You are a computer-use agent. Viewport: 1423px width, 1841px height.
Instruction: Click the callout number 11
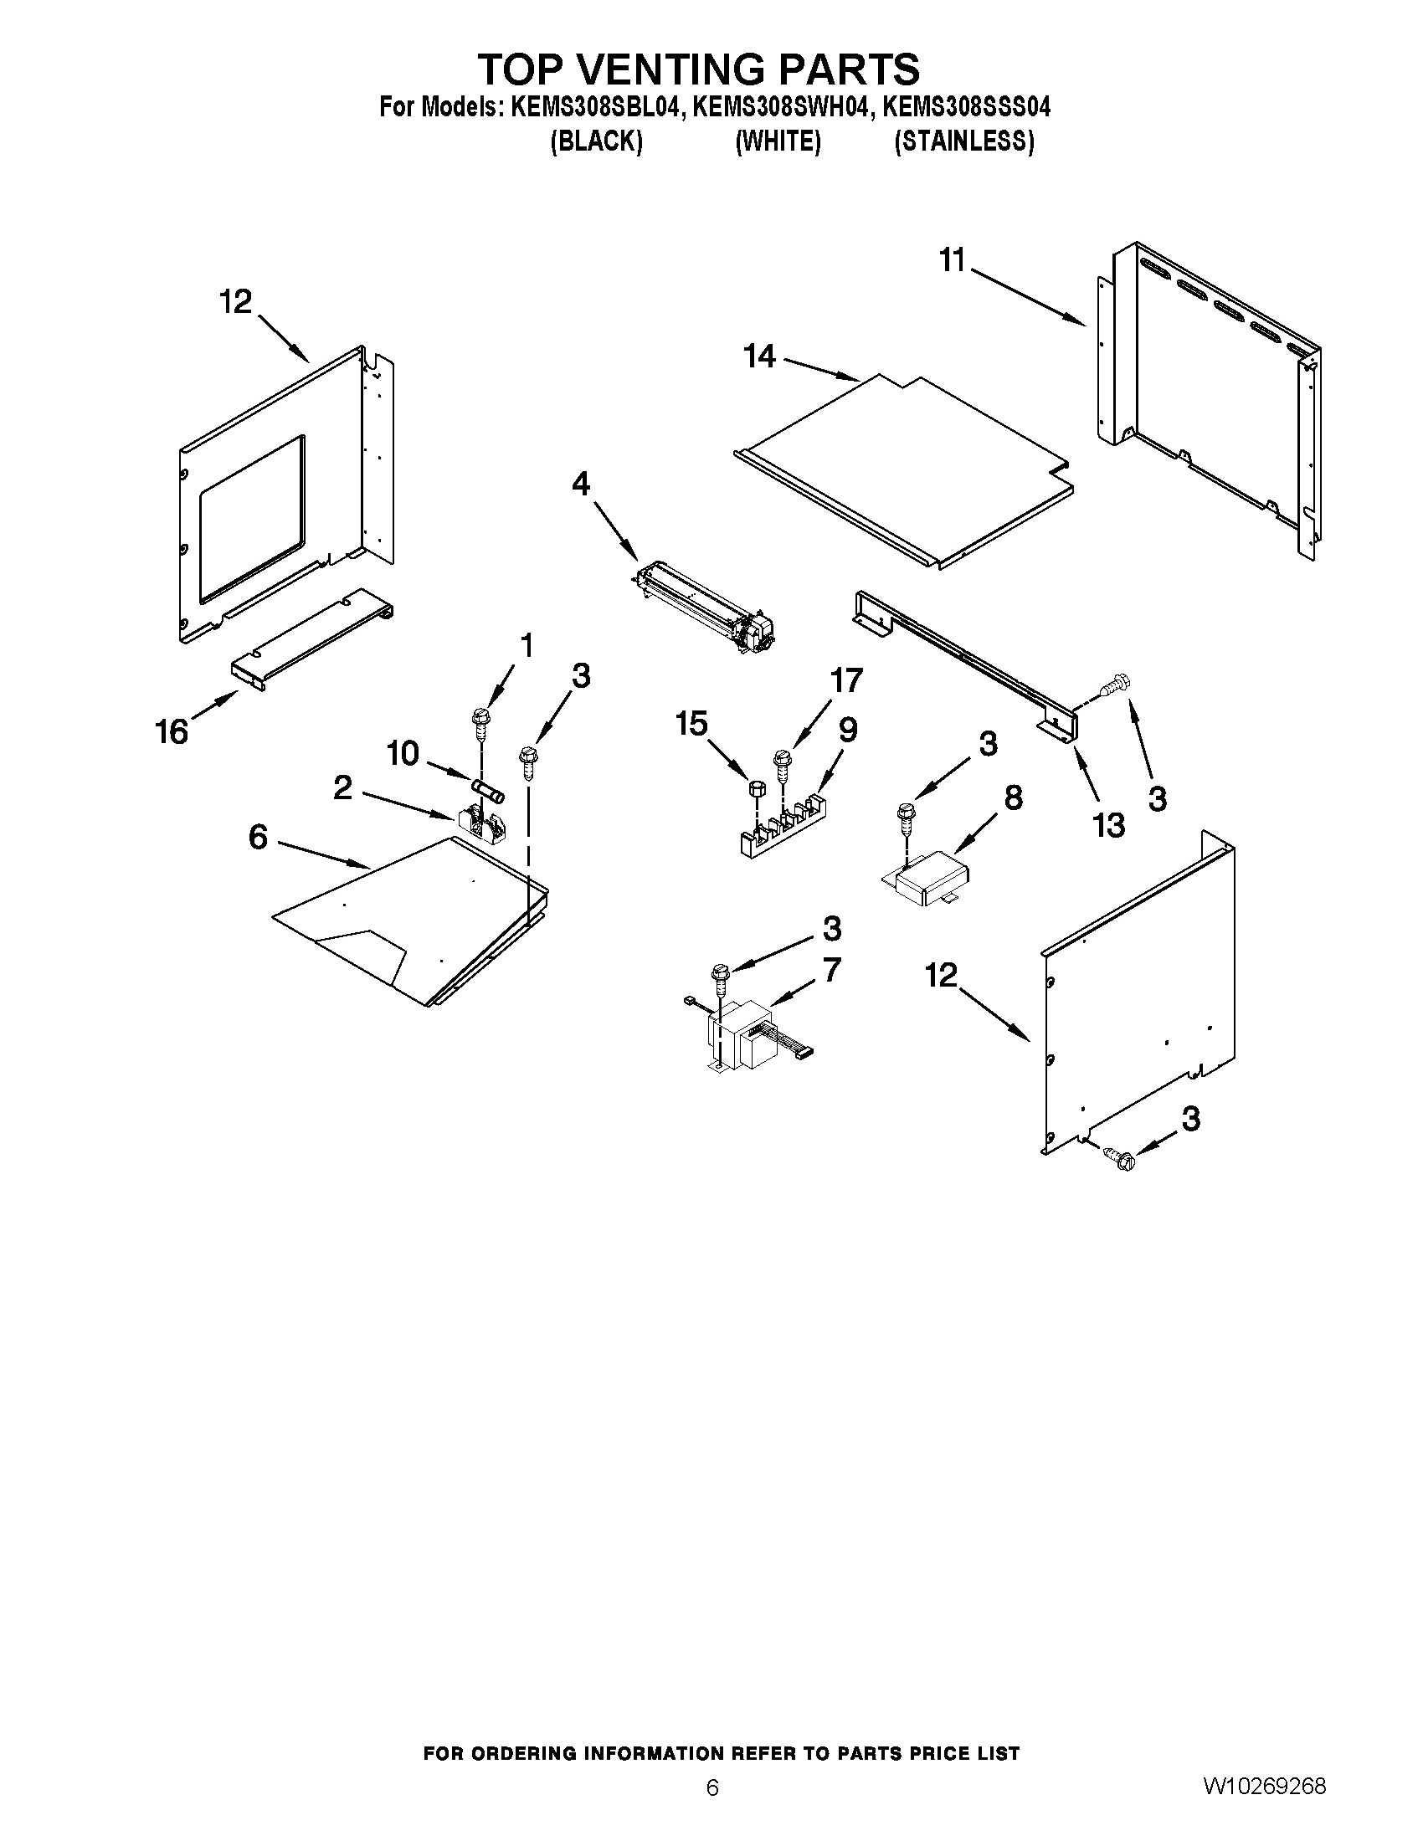click(952, 260)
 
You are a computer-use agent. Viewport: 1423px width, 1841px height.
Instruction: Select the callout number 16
click(172, 731)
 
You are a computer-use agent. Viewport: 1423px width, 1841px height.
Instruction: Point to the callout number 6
click(258, 837)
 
